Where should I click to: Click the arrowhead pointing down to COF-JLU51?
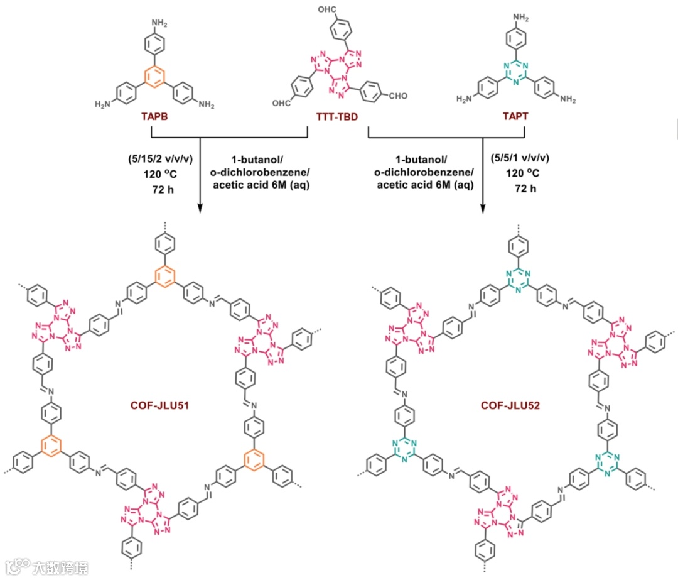200,207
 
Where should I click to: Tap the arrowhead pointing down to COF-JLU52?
484,207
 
